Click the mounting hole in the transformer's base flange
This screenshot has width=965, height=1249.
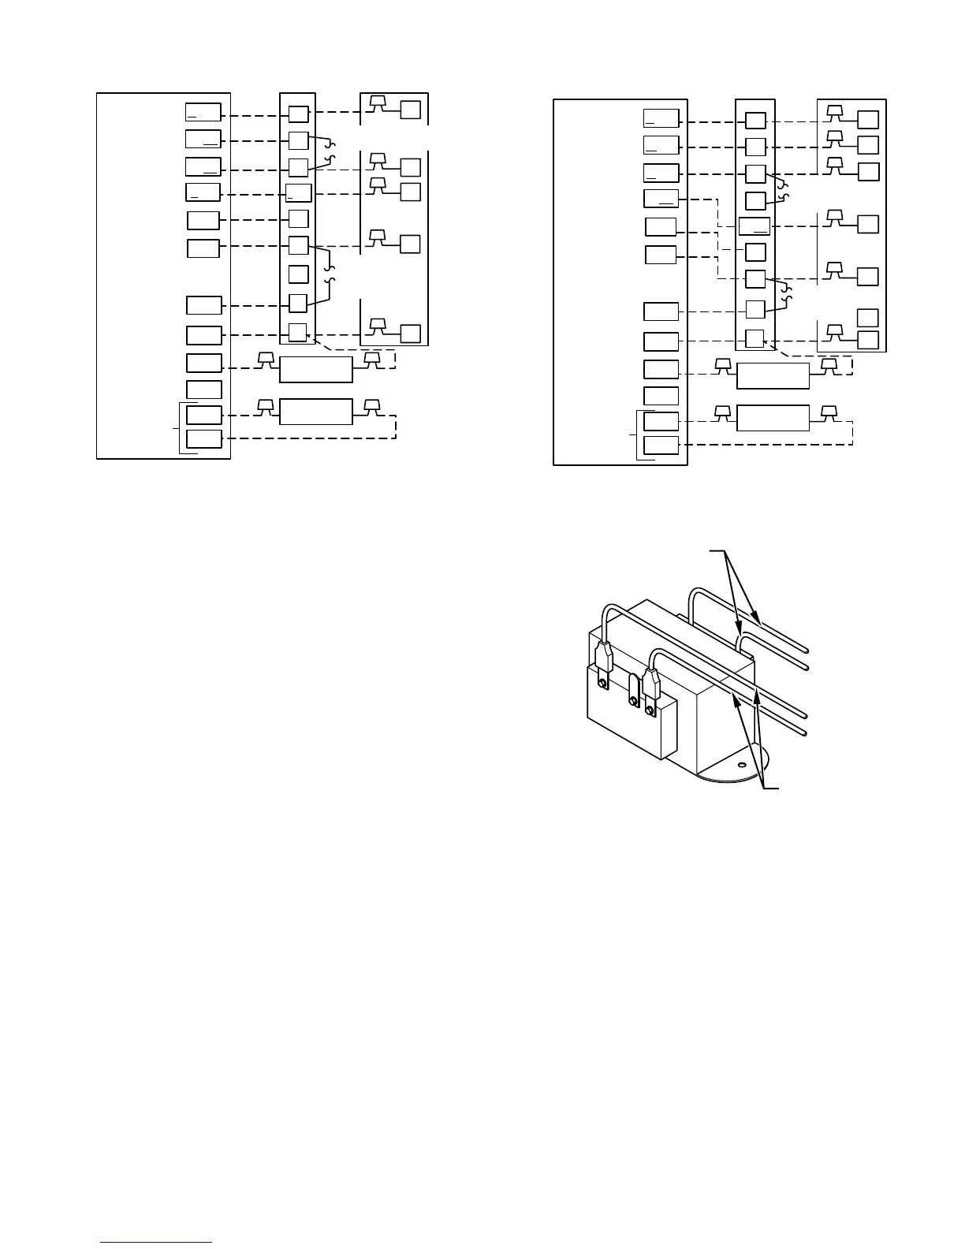(740, 763)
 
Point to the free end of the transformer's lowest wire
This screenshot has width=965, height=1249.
(805, 733)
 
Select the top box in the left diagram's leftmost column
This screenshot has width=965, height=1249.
(203, 113)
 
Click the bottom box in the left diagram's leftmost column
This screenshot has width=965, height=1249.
(203, 439)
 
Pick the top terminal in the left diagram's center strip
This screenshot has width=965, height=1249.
(298, 114)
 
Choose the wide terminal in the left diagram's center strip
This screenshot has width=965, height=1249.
(299, 192)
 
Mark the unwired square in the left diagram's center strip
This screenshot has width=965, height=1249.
(298, 274)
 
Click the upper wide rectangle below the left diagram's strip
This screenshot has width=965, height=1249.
(316, 369)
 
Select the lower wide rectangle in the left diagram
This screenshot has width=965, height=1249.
(316, 412)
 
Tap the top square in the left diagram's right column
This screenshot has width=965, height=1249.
(411, 110)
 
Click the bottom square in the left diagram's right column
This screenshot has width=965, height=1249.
(411, 333)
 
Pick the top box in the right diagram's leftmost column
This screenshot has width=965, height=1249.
(661, 119)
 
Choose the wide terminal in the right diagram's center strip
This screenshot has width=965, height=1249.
(754, 226)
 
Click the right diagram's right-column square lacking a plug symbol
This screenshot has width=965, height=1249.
(868, 318)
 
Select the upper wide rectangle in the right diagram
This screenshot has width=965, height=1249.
(773, 376)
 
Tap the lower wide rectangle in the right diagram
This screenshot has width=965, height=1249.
(773, 418)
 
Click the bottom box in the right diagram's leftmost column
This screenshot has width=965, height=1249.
(661, 446)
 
